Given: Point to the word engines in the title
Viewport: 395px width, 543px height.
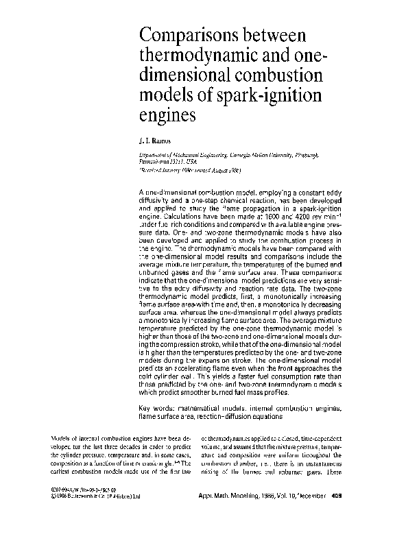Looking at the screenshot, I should [x=167, y=113].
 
